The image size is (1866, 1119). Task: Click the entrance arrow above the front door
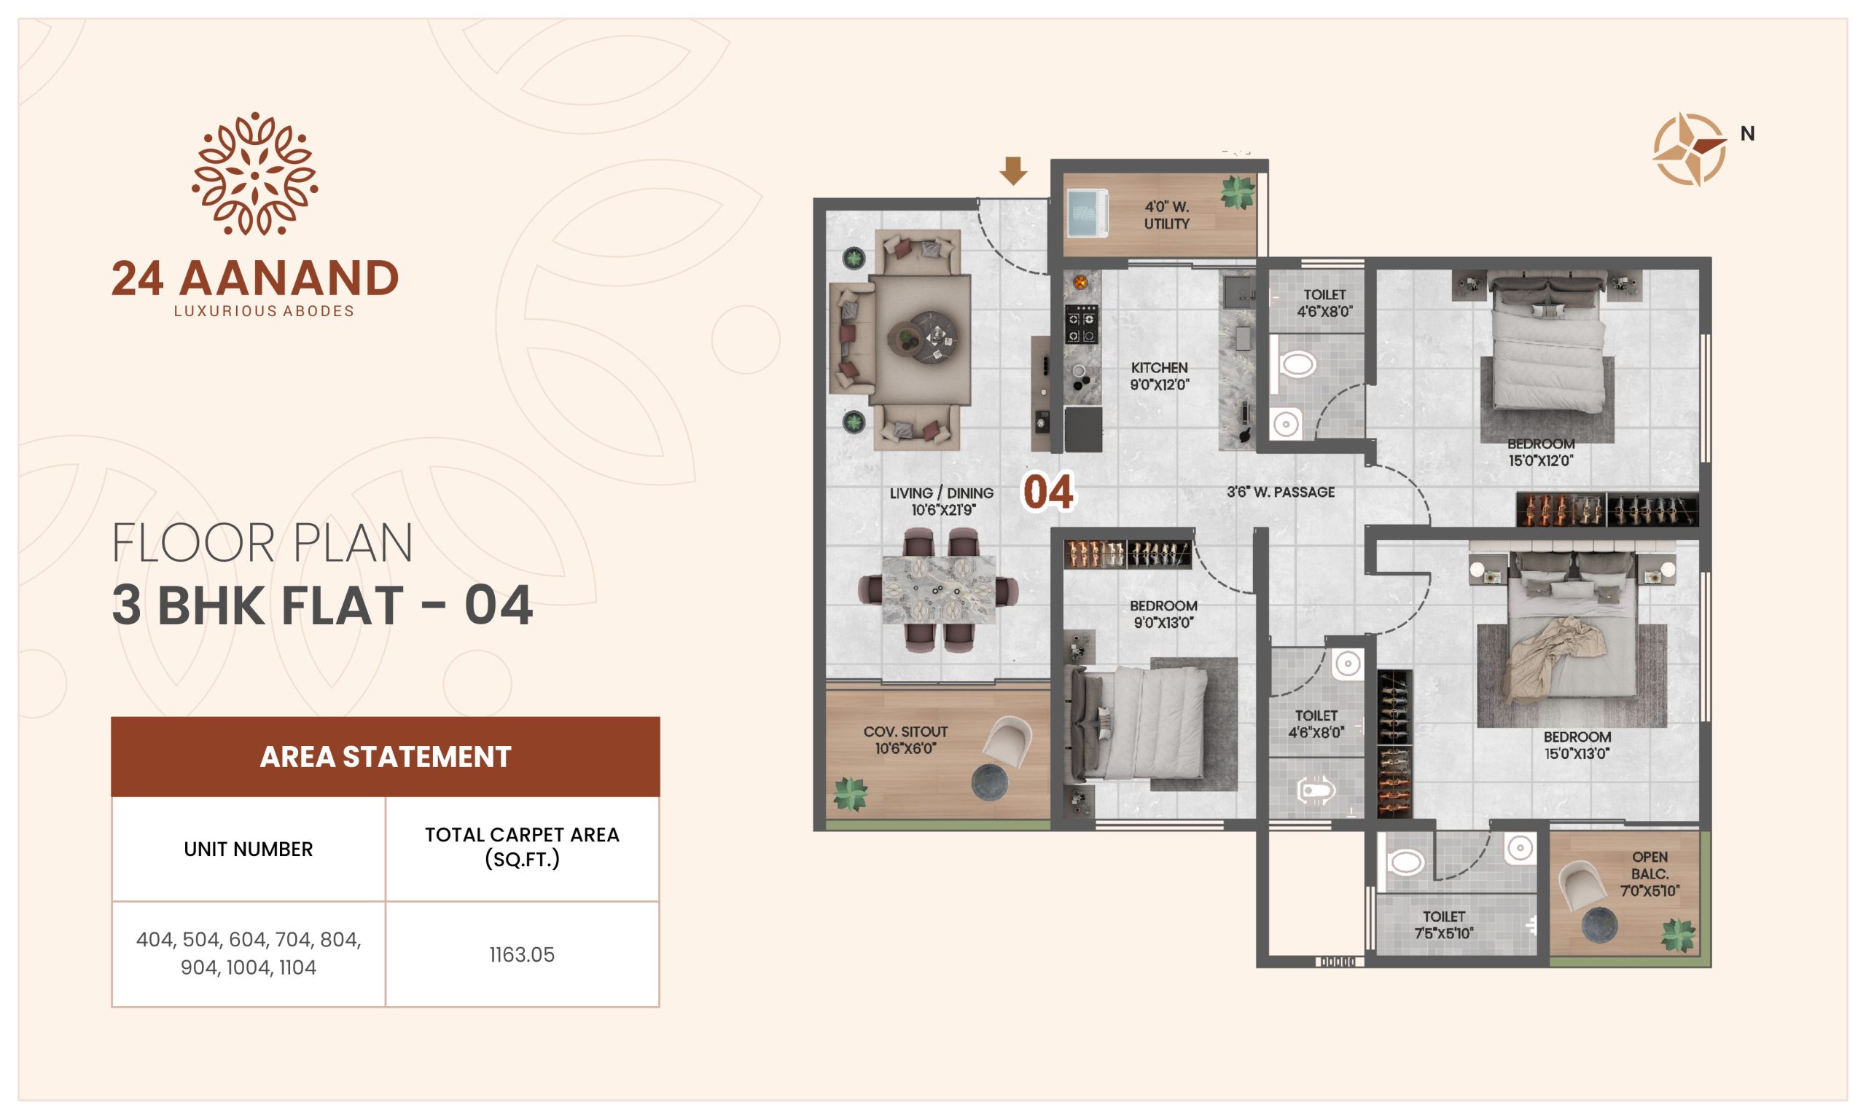tap(1013, 170)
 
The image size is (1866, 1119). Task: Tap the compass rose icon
tap(1690, 149)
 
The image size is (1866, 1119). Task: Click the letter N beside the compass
tap(1748, 133)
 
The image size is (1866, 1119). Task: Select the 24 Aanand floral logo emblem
tap(255, 174)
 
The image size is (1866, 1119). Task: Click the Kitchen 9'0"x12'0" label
tap(1159, 375)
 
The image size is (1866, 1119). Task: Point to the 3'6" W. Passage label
tap(1280, 492)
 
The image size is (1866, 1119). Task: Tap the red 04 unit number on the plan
tap(1047, 492)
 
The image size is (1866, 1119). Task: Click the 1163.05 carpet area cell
tap(522, 954)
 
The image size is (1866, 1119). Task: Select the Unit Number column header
tap(248, 849)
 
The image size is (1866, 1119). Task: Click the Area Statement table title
tap(386, 756)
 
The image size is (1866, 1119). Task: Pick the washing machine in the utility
tap(1088, 213)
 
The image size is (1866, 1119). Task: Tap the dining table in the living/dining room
tap(938, 590)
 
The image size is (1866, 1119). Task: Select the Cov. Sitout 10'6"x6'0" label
tap(905, 739)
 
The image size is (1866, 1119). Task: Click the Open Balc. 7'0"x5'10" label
tap(1650, 873)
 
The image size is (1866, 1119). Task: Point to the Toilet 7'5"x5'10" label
tap(1444, 924)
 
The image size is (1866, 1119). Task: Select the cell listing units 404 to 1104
tap(248, 953)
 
